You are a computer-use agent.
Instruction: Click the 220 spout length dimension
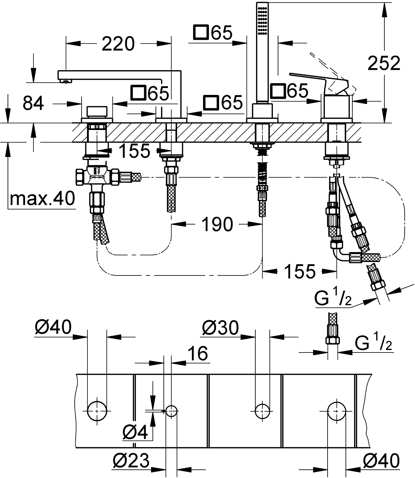[118, 44]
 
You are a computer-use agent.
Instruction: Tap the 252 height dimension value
[384, 63]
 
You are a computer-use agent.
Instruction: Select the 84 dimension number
[33, 103]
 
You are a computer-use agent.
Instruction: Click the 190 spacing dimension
[217, 224]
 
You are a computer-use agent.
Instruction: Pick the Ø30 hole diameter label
[220, 328]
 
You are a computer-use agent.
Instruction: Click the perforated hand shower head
[263, 19]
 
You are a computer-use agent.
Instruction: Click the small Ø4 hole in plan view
[171, 410]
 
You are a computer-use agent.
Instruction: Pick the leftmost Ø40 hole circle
[97, 410]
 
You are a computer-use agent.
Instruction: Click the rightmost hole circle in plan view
[336, 410]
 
